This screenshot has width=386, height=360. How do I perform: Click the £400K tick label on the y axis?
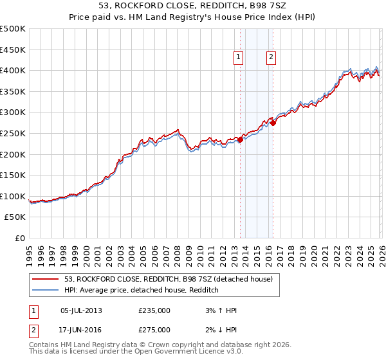click(13, 70)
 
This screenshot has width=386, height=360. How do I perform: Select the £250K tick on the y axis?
click(13, 133)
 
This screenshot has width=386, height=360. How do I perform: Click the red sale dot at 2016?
click(273, 123)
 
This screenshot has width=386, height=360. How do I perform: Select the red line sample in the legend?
click(46, 279)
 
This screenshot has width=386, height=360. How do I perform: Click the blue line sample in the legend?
click(46, 290)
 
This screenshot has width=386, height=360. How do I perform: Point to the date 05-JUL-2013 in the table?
click(81, 310)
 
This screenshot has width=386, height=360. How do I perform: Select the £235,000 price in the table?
click(154, 310)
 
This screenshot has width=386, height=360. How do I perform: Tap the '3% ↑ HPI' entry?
click(220, 310)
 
